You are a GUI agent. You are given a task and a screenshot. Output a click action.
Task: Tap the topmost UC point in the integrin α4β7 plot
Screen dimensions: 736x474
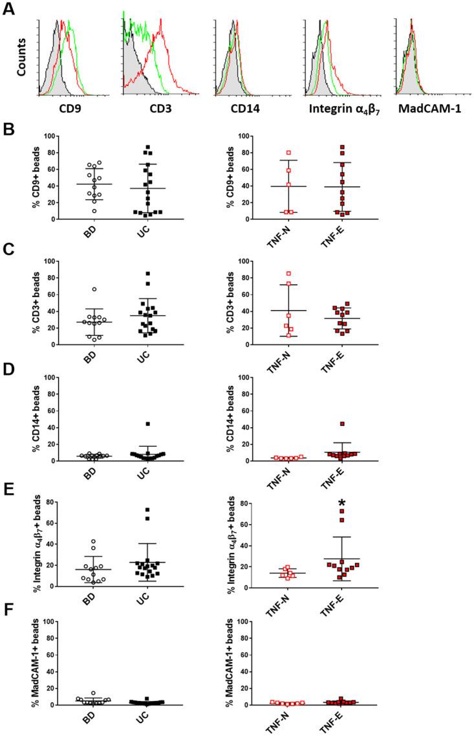click(148, 510)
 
